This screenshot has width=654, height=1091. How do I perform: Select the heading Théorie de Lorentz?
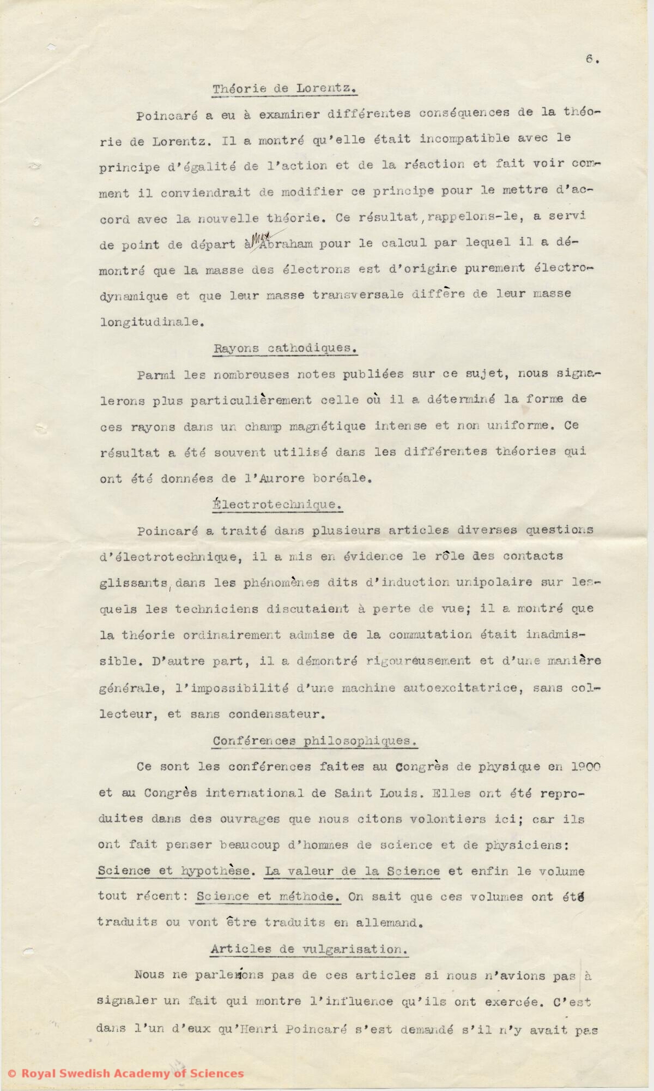[x=284, y=88]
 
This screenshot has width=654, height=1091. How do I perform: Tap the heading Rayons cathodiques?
[x=286, y=348]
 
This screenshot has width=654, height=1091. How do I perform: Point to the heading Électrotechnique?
[x=277, y=505]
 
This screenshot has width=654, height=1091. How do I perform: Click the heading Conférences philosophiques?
[x=314, y=741]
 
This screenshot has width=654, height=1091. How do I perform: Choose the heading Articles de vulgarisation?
[x=309, y=949]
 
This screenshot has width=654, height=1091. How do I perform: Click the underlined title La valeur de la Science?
[x=352, y=871]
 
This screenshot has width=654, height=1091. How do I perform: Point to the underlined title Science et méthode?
[x=269, y=896]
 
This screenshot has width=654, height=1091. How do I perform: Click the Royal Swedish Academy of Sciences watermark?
[x=125, y=1074]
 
